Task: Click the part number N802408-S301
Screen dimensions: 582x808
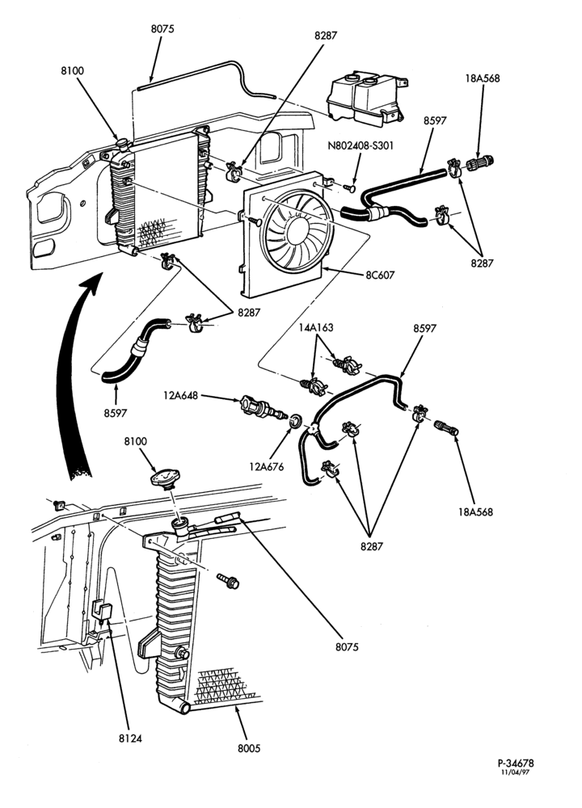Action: (361, 145)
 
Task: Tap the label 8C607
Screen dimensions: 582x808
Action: (380, 276)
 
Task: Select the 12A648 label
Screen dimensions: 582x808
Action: (181, 396)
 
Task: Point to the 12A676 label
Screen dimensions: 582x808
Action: (267, 467)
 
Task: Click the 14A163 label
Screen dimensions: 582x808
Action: (317, 327)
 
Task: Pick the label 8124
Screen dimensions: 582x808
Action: (130, 738)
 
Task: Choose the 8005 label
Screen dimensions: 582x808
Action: (249, 748)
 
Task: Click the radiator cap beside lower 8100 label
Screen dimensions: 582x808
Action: (165, 477)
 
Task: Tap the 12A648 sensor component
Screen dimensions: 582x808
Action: (263, 407)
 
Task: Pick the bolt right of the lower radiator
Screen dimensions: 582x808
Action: (228, 581)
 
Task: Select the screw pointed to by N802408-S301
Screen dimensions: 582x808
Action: (349, 187)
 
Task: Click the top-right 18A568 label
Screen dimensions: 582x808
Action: (483, 78)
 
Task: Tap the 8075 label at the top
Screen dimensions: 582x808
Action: (162, 29)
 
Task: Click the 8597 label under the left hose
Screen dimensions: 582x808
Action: (115, 413)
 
